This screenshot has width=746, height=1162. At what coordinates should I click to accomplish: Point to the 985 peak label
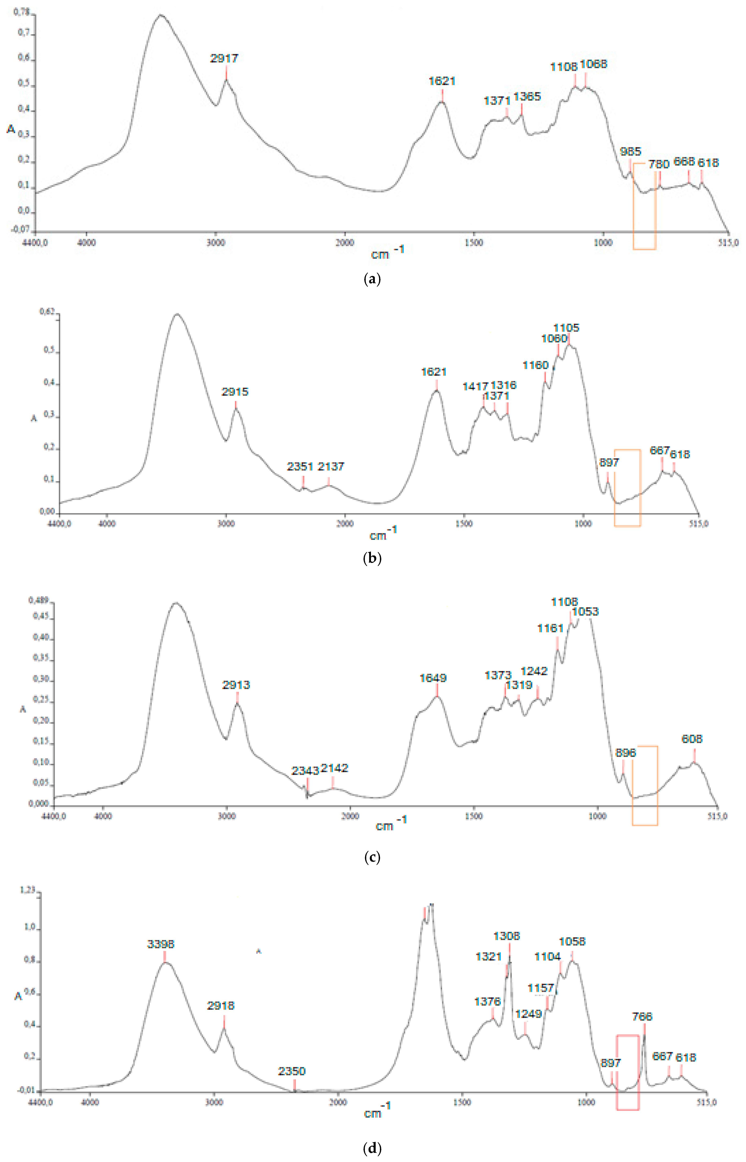click(630, 152)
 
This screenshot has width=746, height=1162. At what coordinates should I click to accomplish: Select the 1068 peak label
click(593, 64)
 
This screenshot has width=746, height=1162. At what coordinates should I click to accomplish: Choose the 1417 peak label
click(475, 387)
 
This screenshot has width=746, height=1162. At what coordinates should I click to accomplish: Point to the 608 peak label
click(692, 739)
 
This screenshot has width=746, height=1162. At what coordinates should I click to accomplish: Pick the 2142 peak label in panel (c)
click(334, 768)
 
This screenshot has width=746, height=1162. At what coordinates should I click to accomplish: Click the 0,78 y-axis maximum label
click(21, 12)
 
